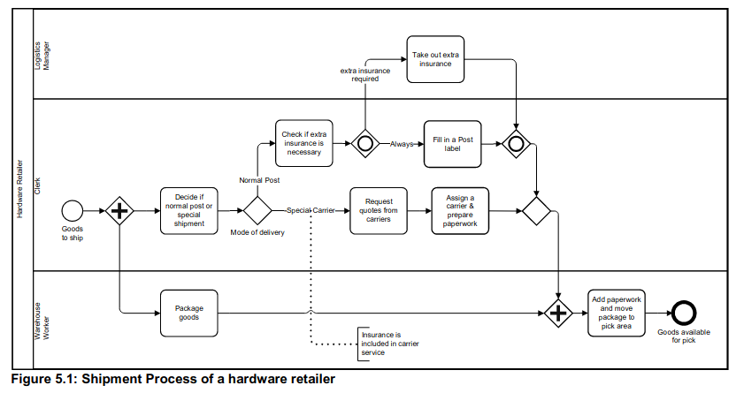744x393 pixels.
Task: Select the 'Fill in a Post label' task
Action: click(452, 143)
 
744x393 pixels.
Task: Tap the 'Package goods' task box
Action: click(189, 313)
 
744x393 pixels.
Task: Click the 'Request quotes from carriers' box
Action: click(378, 210)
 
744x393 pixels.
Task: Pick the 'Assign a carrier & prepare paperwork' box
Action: click(460, 210)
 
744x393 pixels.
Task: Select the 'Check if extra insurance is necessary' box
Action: click(303, 143)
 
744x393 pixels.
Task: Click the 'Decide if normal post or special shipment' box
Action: click(189, 210)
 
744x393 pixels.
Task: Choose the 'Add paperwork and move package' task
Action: click(617, 313)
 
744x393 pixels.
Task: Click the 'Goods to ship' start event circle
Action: click(73, 210)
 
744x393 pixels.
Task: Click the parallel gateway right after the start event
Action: click(119, 210)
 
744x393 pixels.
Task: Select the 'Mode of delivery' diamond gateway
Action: click(257, 210)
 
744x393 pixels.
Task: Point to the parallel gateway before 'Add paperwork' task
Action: click(558, 313)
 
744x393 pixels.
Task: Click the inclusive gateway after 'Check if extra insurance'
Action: click(364, 143)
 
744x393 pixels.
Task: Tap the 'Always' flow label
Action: click(403, 144)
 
